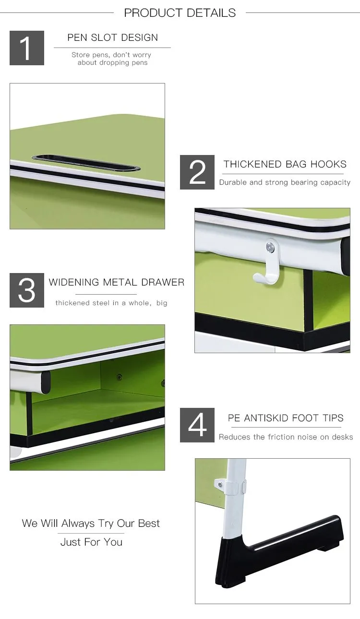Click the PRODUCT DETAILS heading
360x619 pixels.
[180, 12]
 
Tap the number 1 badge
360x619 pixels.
[27, 48]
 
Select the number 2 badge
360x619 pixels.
[197, 172]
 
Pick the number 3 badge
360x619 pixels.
[27, 290]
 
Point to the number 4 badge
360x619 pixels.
[197, 425]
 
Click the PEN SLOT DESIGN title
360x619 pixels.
[112, 37]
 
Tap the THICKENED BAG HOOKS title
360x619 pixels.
[285, 164]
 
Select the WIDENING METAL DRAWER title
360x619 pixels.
[117, 282]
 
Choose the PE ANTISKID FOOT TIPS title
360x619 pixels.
[286, 418]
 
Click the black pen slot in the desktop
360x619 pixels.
[86, 163]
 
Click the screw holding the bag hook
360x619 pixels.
[270, 247]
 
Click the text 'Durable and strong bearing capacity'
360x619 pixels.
[285, 182]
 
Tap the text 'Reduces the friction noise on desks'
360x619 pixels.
[286, 437]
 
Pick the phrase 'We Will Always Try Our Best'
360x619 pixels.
[91, 523]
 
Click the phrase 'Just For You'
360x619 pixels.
[92, 542]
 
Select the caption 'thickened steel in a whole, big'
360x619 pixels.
[111, 303]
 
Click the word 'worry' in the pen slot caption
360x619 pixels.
[142, 55]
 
